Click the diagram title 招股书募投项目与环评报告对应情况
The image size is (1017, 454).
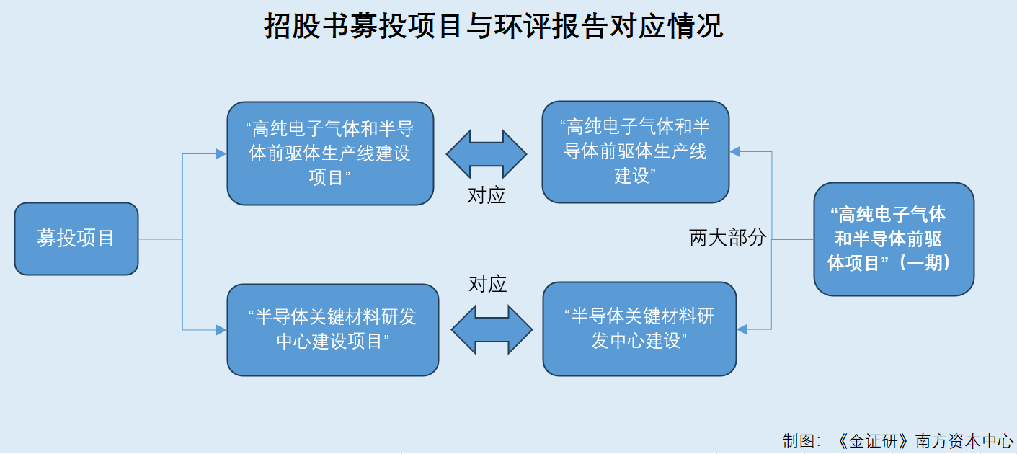[494, 26]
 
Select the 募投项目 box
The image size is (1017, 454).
[76, 239]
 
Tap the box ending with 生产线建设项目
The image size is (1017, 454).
[331, 153]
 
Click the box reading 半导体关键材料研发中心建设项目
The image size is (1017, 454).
[333, 330]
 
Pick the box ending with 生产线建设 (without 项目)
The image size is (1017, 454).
[636, 152]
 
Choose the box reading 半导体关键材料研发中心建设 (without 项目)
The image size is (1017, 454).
[640, 329]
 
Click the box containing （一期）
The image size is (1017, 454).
[894, 239]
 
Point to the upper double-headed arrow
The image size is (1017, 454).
[487, 154]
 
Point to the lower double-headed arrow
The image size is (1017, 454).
[492, 329]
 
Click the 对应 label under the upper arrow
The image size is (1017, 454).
[487, 196]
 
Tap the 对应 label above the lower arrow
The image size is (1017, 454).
[488, 284]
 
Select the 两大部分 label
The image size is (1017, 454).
[728, 238]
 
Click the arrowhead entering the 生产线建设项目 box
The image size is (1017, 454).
[221, 154]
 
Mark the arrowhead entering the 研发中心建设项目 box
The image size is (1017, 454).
[221, 330]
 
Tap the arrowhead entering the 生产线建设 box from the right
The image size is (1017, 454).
[735, 152]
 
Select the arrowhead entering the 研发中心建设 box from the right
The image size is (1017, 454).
[742, 329]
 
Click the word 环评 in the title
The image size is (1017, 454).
[522, 26]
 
